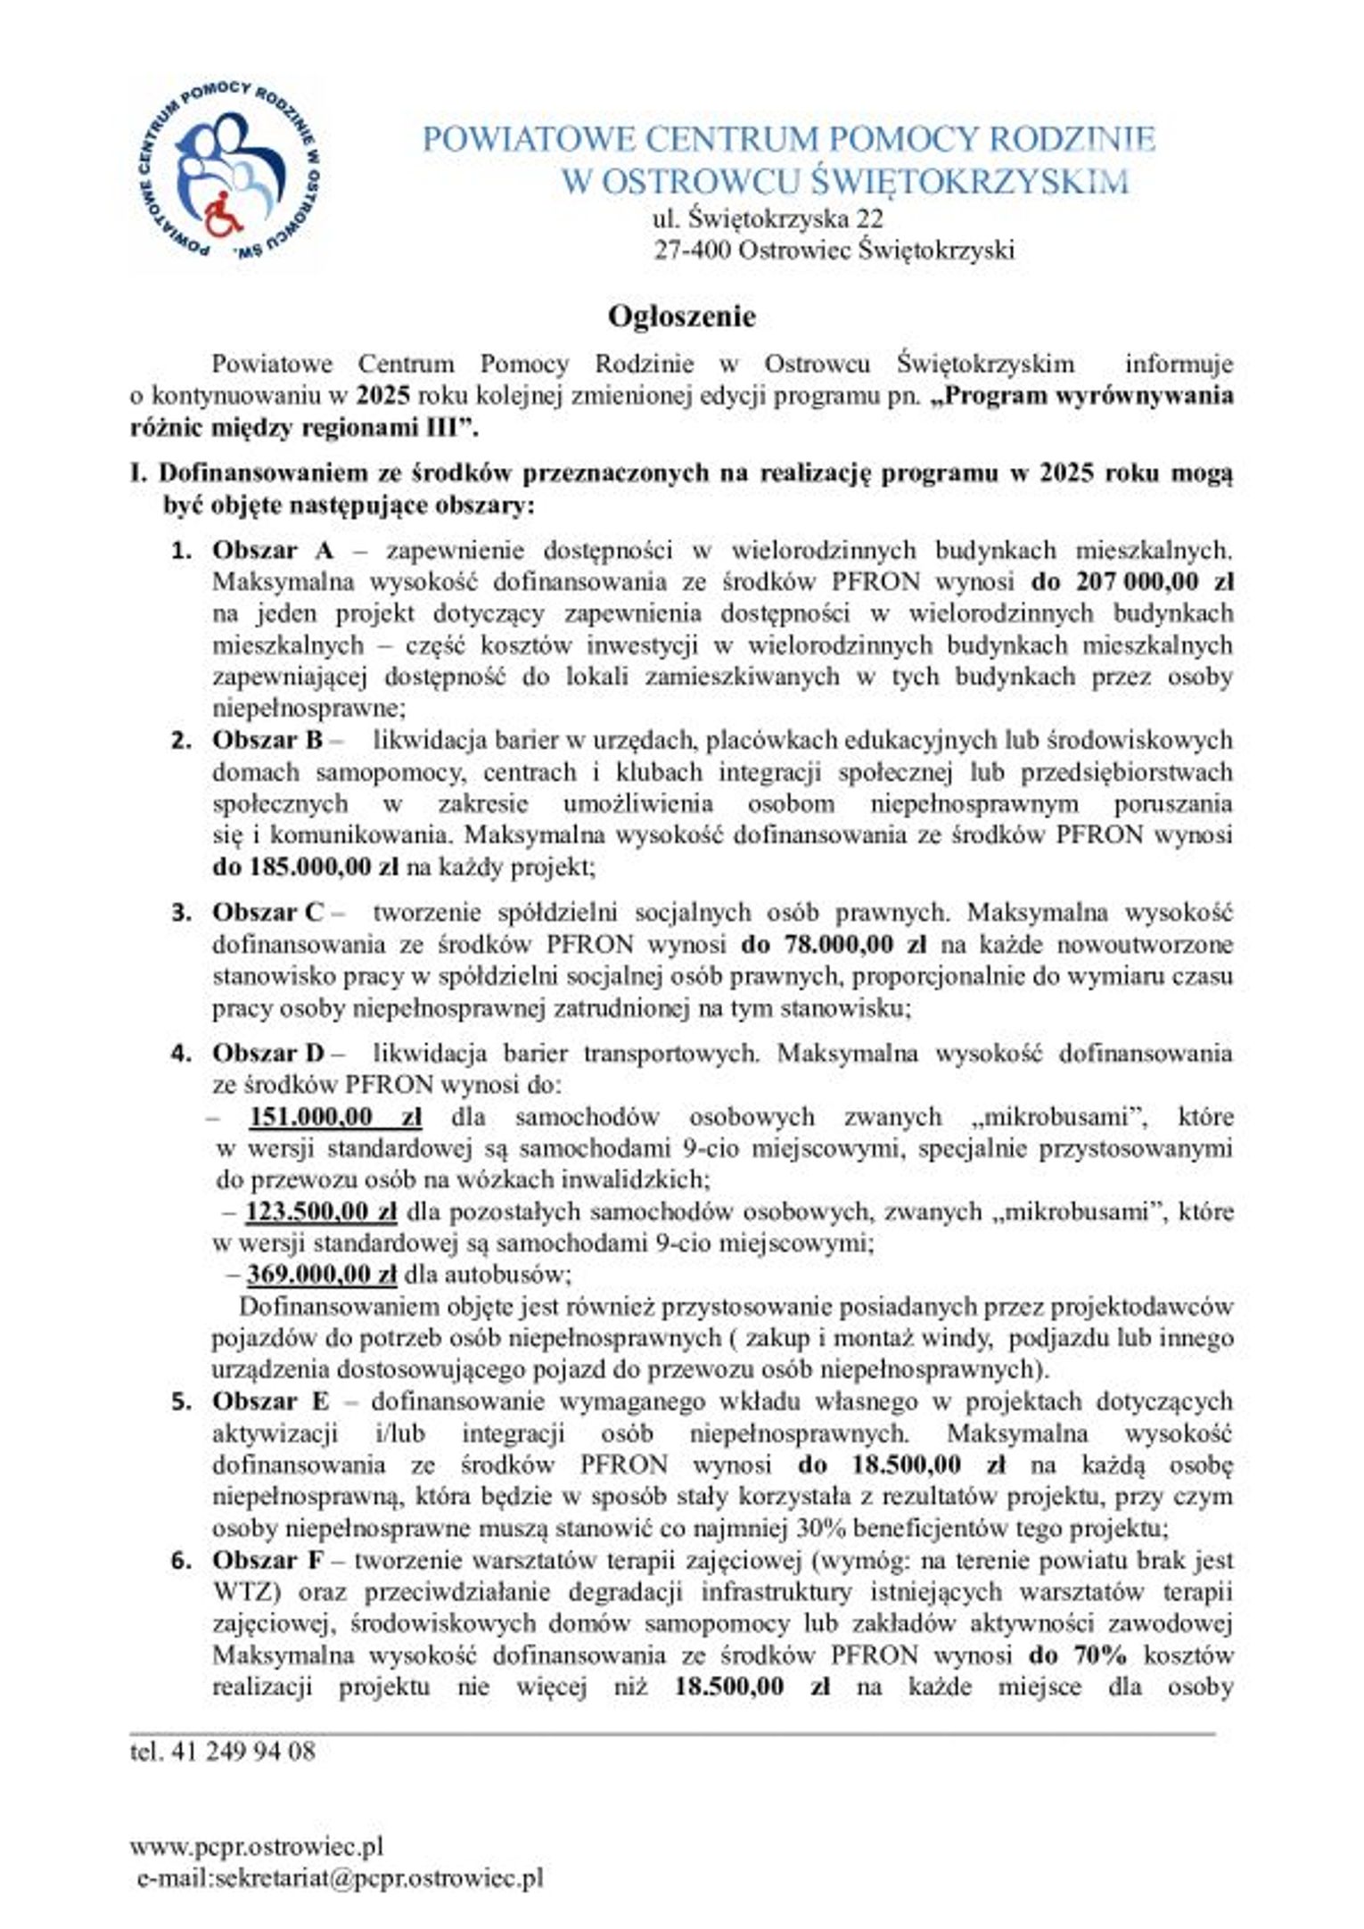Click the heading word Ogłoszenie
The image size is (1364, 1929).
[x=682, y=316]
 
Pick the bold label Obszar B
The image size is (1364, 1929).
[x=267, y=740]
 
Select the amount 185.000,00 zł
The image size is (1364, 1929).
[x=308, y=866]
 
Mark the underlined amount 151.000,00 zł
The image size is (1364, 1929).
[x=335, y=1117]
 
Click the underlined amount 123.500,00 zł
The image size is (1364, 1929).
[x=321, y=1212]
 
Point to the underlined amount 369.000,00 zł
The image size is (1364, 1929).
[x=322, y=1275]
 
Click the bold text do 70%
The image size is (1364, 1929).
[x=1078, y=1655]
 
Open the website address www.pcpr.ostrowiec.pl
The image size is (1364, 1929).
[x=257, y=1846]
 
